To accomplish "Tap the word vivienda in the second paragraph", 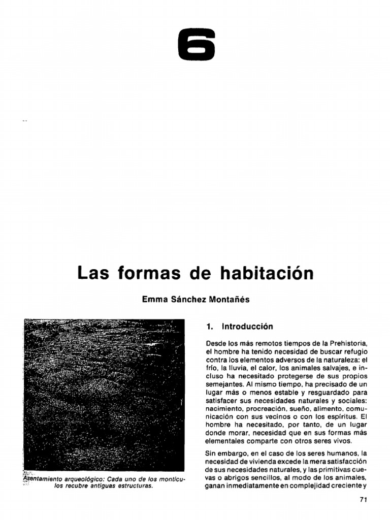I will [258, 461].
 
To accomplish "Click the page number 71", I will [363, 500].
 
